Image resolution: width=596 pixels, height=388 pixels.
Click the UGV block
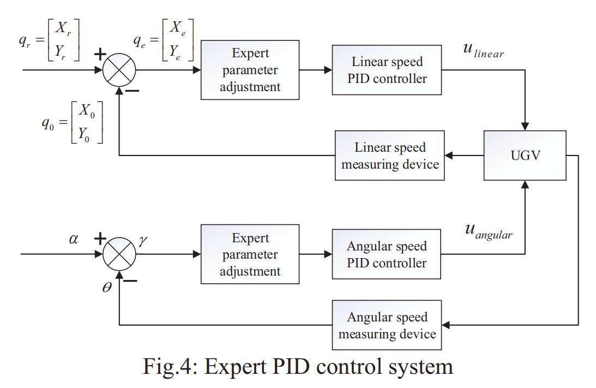click(525, 156)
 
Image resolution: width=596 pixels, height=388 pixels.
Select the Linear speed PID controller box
click(387, 70)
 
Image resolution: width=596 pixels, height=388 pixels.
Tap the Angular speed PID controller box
click(387, 254)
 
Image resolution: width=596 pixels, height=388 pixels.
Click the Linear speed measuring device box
click(390, 156)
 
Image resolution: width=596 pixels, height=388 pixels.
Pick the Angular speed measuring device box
click(387, 325)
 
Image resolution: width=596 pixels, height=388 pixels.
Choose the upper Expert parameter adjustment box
click(250, 70)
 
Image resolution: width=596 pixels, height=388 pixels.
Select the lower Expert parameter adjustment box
click(250, 254)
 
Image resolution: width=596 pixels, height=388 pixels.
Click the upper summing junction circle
click(119, 70)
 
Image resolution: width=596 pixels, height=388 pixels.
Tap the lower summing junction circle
click(119, 254)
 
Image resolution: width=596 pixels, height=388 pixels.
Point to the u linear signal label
click(483, 50)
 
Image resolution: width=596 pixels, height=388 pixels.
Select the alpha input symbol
click(74, 238)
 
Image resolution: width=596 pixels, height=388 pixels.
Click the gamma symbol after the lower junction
click(143, 240)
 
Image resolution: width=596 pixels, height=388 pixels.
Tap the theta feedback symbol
click(107, 287)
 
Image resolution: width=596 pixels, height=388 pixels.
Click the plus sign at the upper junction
click(100, 53)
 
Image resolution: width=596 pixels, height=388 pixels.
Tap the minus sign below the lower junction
click(130, 282)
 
